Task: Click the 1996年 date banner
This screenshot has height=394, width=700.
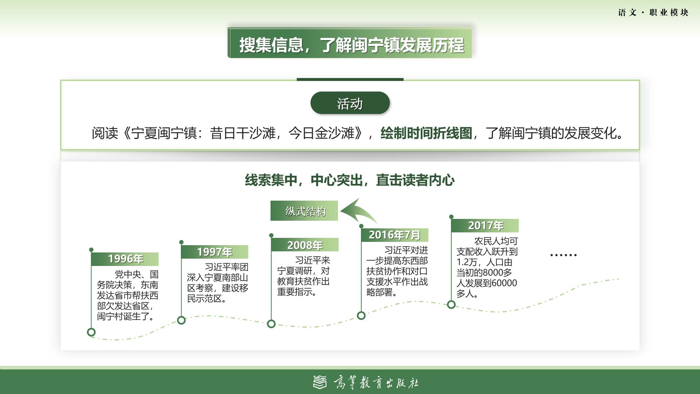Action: tap(125, 259)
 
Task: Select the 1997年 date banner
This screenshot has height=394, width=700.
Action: tap(215, 252)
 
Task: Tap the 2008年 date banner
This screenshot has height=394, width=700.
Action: tap(305, 245)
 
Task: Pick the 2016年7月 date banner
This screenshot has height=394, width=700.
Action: tap(394, 235)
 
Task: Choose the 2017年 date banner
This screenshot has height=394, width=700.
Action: tap(485, 226)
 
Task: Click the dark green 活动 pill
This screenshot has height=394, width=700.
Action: tap(350, 103)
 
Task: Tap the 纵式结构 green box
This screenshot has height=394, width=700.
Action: tap(304, 211)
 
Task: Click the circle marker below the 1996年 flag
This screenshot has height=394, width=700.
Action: tap(91, 332)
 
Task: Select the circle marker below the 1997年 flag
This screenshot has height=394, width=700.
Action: tap(181, 320)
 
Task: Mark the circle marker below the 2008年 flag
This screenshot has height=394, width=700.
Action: tap(271, 324)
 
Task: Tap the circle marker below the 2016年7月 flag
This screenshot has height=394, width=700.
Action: tap(361, 316)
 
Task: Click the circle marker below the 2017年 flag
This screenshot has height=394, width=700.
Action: tap(451, 304)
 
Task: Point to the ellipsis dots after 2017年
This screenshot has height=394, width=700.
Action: tap(563, 255)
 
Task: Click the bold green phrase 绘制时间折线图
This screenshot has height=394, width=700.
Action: tap(426, 133)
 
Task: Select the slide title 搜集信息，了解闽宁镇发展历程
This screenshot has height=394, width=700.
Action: tap(351, 45)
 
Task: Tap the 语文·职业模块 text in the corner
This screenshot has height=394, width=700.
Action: tap(653, 13)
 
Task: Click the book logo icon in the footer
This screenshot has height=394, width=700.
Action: tap(320, 382)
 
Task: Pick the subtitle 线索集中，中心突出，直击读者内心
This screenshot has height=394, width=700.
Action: tap(350, 180)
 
